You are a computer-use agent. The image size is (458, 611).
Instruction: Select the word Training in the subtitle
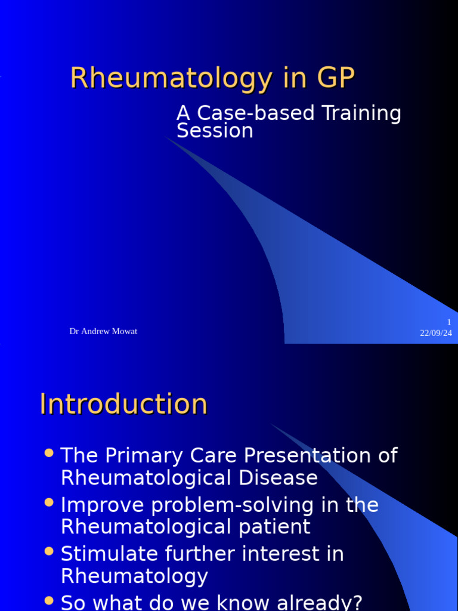point(362,114)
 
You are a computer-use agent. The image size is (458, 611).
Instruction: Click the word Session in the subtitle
point(215,131)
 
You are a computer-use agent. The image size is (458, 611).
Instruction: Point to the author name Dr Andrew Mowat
point(103,331)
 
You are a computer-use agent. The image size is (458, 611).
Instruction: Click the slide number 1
point(449,322)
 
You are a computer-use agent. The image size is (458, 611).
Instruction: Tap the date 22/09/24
point(436,333)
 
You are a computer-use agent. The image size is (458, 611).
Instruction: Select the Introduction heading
point(123,404)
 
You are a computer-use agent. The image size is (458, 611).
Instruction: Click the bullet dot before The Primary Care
point(49,453)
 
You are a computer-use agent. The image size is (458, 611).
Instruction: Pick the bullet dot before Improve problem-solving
point(49,502)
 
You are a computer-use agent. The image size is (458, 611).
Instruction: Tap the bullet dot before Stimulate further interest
point(49,551)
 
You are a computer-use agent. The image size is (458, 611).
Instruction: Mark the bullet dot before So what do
point(49,600)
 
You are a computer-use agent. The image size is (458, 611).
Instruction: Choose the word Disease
point(278,478)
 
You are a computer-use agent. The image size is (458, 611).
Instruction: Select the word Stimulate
point(110,554)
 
